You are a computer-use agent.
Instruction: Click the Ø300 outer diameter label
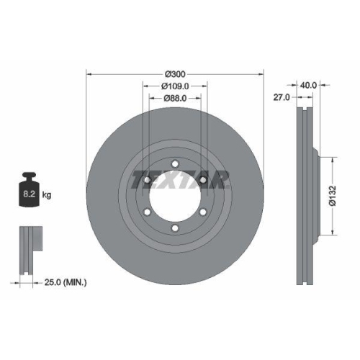[x=176, y=74]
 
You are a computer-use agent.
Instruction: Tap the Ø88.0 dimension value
[x=176, y=98]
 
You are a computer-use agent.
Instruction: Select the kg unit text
[x=48, y=195]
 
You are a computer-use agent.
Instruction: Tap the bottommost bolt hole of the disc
[x=176, y=229]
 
